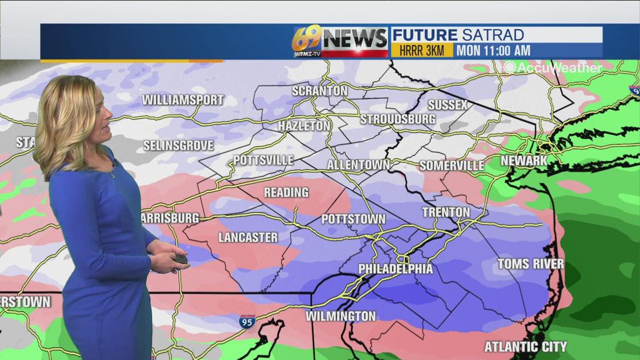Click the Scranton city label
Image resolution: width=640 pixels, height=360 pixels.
[319, 91]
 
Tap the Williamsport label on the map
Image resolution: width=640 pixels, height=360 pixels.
[183, 100]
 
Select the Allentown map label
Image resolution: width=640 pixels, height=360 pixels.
[358, 165]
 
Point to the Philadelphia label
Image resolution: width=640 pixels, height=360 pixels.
[395, 269]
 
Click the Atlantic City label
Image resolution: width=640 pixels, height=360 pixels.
[525, 347]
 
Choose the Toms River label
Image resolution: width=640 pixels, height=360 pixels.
[530, 264]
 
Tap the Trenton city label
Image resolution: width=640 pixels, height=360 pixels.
[446, 213]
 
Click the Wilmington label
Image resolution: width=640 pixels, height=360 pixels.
[341, 316]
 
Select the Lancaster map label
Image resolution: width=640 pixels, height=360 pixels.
[248, 238]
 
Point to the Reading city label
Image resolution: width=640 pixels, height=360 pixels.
[286, 193]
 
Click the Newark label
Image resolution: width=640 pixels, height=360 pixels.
[524, 161]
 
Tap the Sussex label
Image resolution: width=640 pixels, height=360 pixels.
[447, 105]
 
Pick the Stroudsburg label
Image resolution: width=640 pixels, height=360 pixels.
[398, 119]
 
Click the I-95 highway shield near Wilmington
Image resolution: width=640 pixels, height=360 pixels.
[247, 321]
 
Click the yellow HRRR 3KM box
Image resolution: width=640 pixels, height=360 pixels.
[422, 50]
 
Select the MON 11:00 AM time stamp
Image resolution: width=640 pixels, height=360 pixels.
[493, 50]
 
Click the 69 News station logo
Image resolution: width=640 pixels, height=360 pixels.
[339, 41]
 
